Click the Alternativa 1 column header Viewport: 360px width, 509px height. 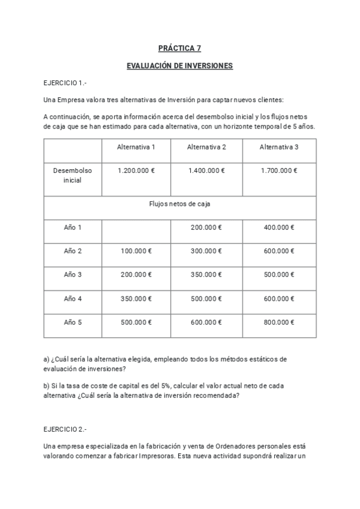136,147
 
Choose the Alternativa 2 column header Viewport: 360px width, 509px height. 206,147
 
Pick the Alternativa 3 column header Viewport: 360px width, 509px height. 279,147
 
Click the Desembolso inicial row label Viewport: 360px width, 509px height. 73,175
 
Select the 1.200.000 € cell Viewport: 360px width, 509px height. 136,170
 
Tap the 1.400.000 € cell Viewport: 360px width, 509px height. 206,170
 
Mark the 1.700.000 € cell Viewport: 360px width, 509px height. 279,170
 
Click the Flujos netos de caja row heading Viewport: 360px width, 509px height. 179,204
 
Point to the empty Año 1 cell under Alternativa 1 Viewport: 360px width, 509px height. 136,227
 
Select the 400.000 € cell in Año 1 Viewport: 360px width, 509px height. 279,227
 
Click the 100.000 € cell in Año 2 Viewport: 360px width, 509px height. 136,251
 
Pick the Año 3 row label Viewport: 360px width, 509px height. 73,274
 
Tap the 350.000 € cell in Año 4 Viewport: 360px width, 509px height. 136,298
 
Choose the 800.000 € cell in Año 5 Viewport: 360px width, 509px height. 279,322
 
